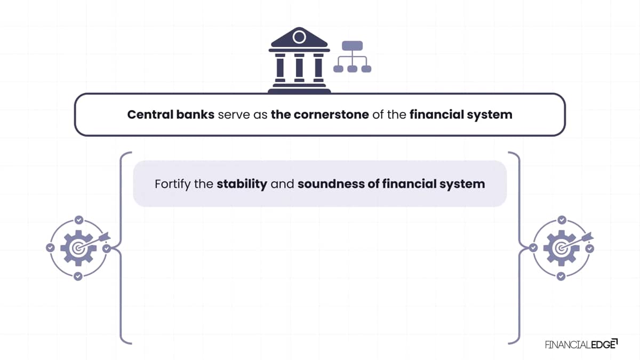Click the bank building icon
(x=299, y=60)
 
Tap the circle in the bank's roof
(x=299, y=37)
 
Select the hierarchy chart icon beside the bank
(x=353, y=57)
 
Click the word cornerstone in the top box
(x=331, y=115)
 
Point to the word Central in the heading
(x=150, y=115)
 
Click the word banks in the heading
(x=195, y=115)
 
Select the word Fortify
(x=173, y=184)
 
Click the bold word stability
(x=242, y=183)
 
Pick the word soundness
(x=331, y=183)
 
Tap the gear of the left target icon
(x=78, y=248)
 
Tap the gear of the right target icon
(x=562, y=248)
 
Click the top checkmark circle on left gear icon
(x=79, y=220)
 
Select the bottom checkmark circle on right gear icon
(x=561, y=276)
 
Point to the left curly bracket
(x=121, y=248)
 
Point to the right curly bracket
(x=519, y=248)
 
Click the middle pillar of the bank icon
(x=299, y=68)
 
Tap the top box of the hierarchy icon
(x=353, y=46)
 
